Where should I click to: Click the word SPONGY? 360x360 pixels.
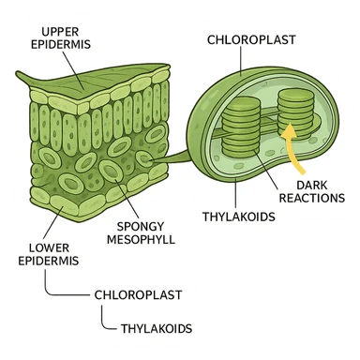click(x=142, y=225)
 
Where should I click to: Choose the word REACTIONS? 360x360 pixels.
click(x=305, y=199)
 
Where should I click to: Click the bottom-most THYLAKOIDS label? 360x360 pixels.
click(x=156, y=328)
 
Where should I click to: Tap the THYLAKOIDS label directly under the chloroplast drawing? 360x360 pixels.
click(x=238, y=217)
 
